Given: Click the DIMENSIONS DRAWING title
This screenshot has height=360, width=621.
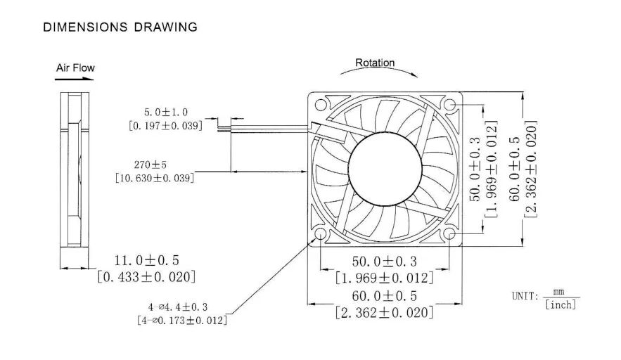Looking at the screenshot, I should (120, 27).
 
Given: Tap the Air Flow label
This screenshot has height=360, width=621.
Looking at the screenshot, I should (75, 68).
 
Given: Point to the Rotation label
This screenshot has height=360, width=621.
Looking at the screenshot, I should (374, 63).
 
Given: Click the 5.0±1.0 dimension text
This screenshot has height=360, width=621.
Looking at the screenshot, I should (165, 112).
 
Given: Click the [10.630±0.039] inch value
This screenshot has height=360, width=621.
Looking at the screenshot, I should (155, 178).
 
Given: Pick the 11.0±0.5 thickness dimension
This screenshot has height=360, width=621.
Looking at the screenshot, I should (146, 261).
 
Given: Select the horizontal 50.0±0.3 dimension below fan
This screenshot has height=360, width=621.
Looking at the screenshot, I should (384, 262).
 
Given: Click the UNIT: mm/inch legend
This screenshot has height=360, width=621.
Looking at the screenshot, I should (545, 297).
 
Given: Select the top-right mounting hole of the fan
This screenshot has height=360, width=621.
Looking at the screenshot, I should (450, 105).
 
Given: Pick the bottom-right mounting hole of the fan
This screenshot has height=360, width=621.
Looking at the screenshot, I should (450, 235).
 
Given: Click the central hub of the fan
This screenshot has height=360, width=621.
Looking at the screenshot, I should (385, 169).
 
